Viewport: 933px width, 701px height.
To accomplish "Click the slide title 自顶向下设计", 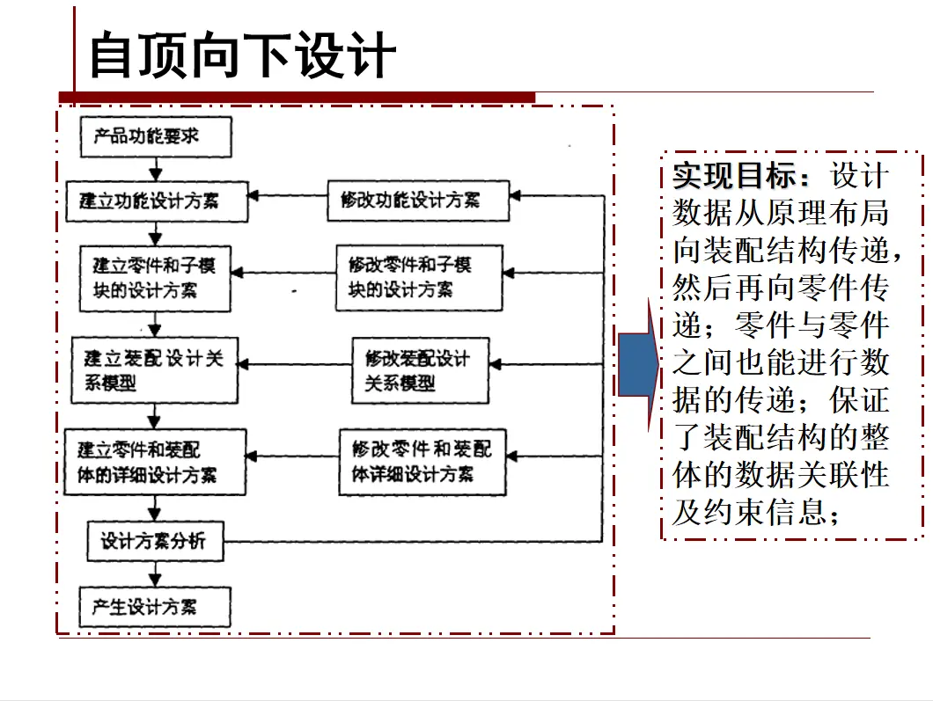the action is pos(243,55).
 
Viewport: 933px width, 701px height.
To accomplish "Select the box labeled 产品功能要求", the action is pos(156,136).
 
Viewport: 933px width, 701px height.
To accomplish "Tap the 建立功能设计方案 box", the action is pos(157,201).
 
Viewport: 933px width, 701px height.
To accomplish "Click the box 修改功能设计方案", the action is pos(418,201).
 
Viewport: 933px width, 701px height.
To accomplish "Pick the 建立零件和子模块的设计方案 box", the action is pos(155,278).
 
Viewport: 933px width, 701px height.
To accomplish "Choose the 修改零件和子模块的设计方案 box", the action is pos(419,278).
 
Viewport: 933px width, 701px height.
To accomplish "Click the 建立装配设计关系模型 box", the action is pos(155,370).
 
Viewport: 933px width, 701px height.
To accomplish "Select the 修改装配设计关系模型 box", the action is pos(420,370).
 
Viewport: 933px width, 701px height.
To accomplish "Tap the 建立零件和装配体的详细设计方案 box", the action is pos(155,462).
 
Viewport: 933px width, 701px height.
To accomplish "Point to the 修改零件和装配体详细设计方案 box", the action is pos(422,462).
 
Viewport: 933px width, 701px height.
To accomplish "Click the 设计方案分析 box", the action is pos(155,541).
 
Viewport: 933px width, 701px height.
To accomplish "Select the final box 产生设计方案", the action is pos(155,607).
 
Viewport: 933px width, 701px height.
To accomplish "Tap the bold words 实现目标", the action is pos(734,175).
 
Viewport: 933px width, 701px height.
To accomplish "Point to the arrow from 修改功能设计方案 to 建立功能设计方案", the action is pos(288,195).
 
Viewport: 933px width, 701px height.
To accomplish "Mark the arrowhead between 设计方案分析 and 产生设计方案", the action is pos(155,580).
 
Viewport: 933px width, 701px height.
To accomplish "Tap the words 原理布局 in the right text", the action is pos(827,213).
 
